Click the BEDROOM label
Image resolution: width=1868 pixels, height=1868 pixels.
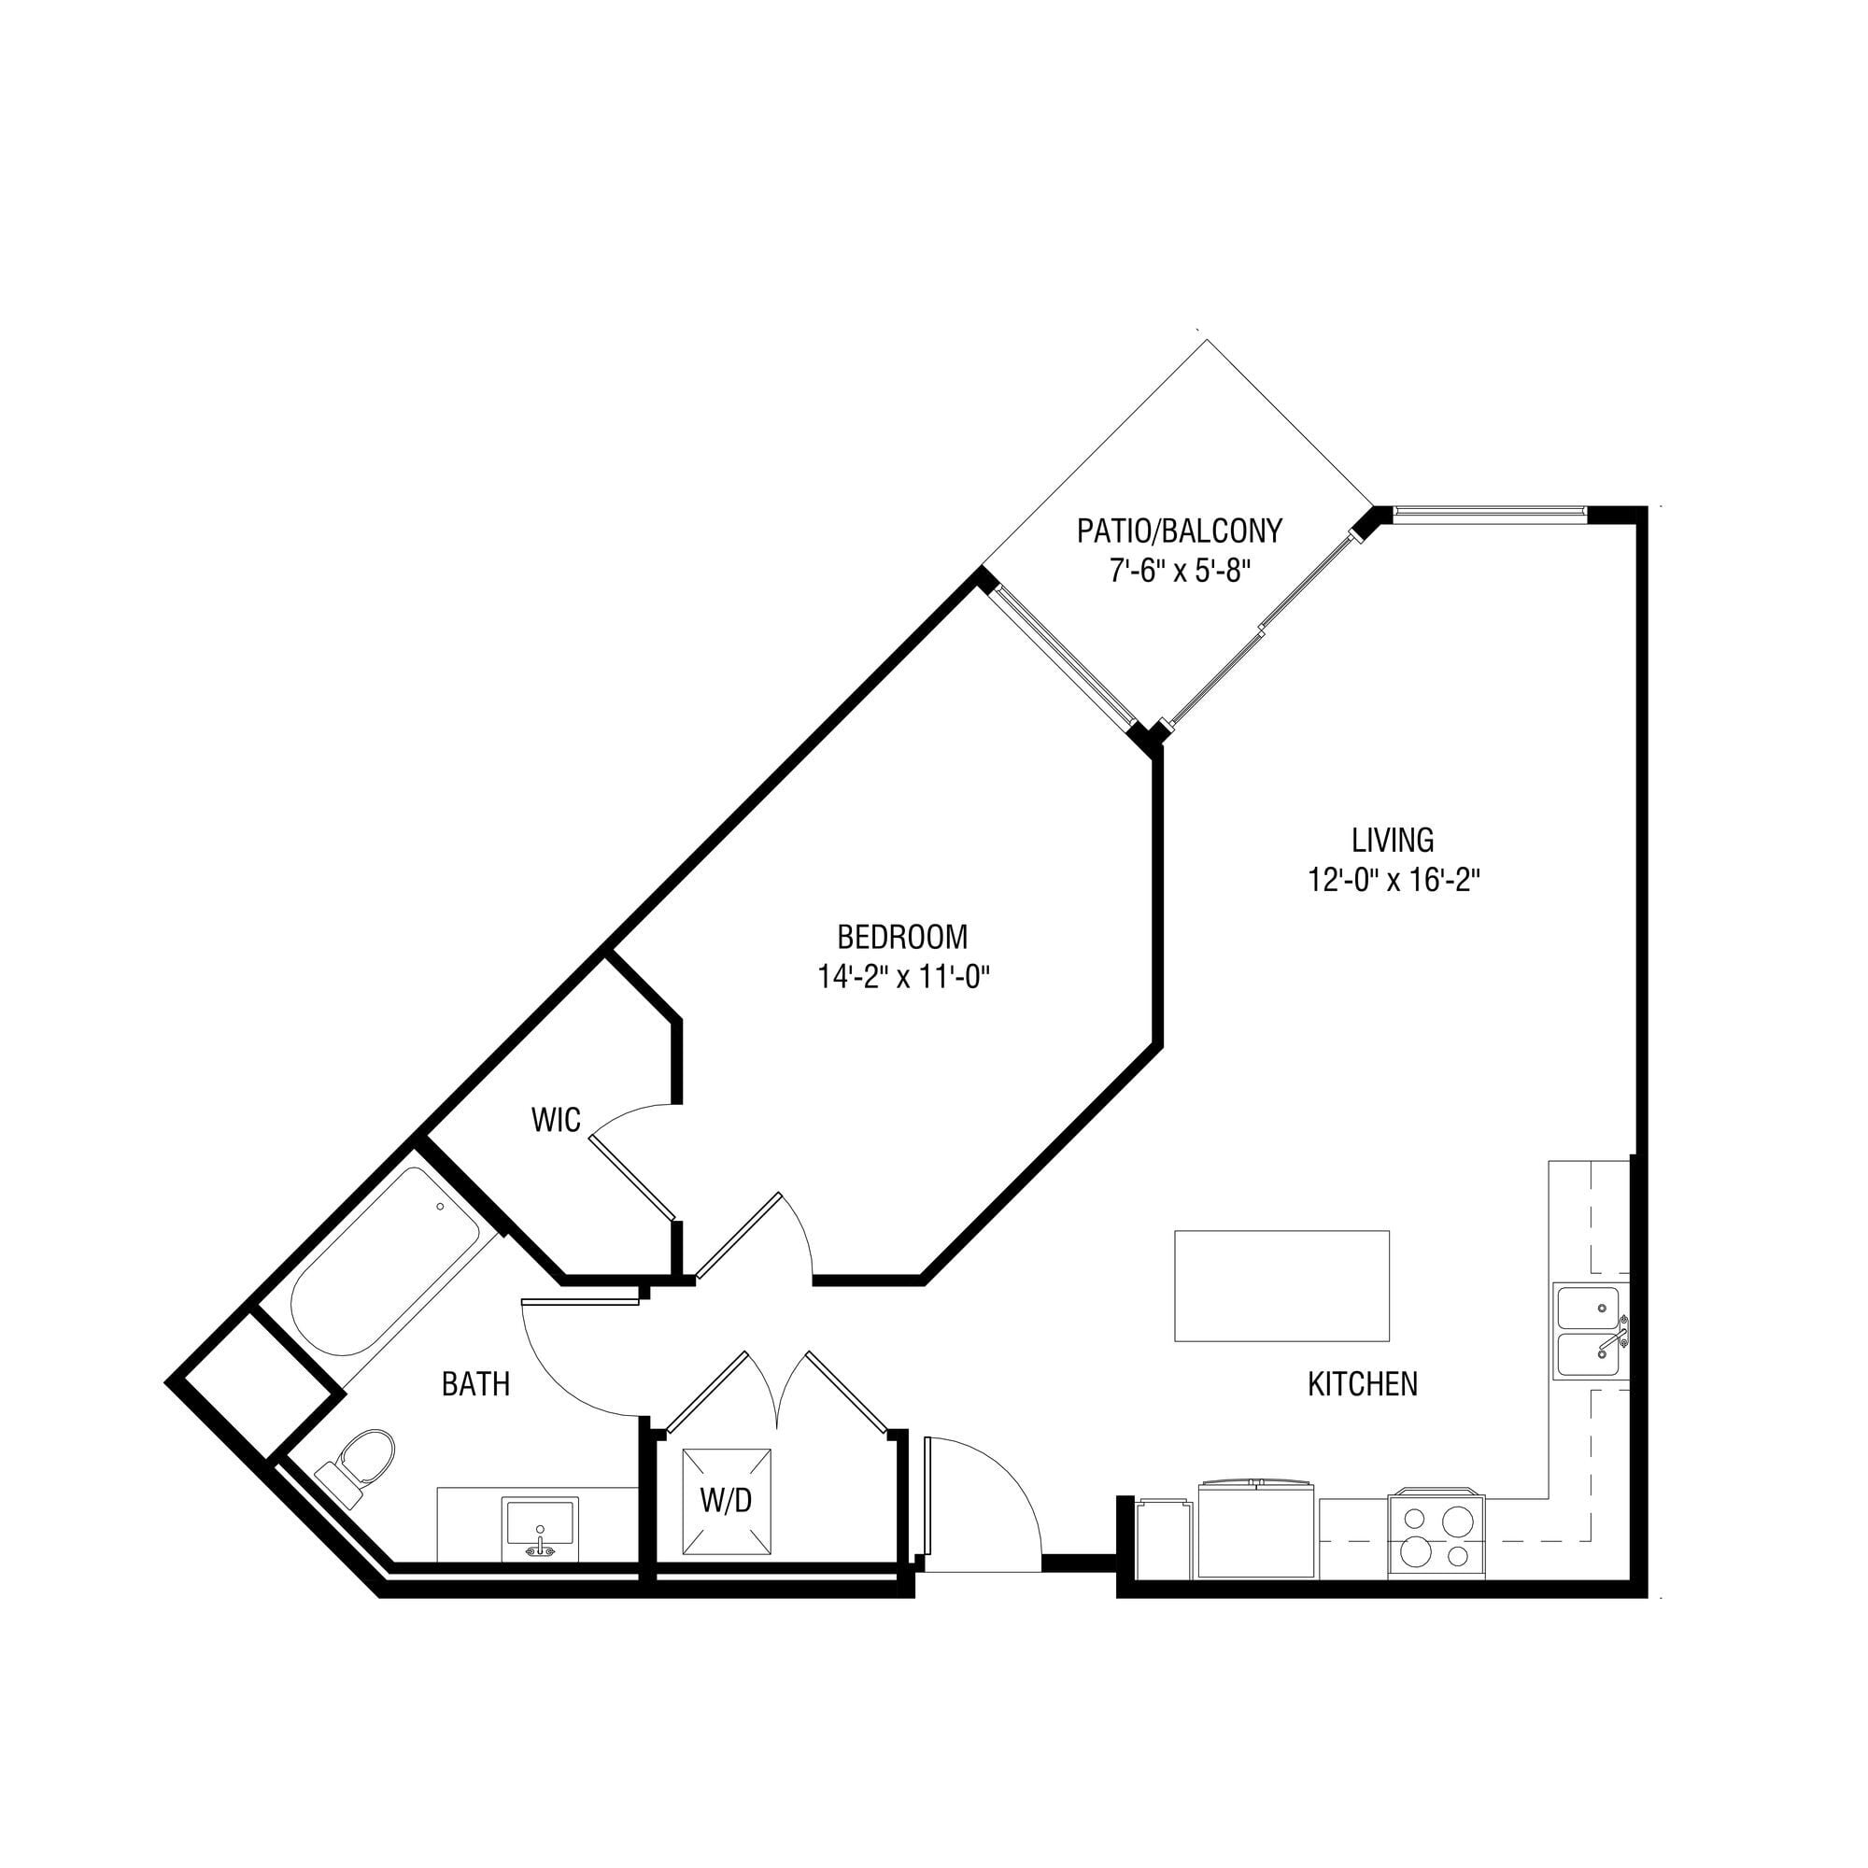(902, 938)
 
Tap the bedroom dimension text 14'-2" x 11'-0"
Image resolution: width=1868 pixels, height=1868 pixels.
(904, 979)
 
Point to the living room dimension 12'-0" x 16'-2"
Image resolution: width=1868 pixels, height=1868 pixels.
(1394, 881)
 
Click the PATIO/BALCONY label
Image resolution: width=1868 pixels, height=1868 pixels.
(1180, 531)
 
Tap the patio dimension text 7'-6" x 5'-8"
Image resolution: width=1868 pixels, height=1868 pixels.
(1181, 572)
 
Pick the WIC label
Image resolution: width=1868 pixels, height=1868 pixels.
(556, 1120)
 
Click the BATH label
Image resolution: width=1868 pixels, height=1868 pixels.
(475, 1384)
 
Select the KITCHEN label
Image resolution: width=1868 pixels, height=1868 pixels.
(1363, 1384)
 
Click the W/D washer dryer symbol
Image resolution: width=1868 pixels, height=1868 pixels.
(727, 1502)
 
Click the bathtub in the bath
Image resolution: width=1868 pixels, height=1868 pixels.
(385, 1263)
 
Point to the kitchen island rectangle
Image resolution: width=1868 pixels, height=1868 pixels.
(1282, 1286)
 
